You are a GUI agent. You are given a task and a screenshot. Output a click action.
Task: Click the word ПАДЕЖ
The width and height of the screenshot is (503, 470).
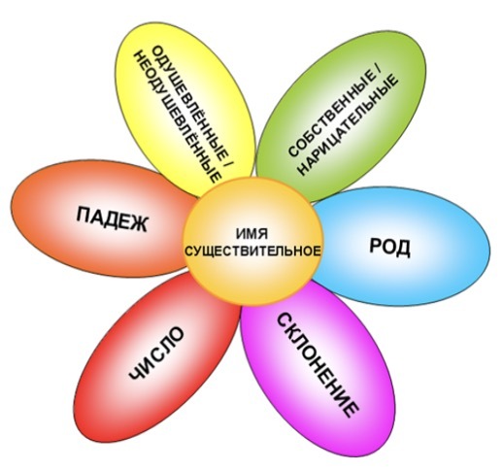pos(112,218)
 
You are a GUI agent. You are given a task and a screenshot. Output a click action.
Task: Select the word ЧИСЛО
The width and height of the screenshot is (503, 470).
pos(156,353)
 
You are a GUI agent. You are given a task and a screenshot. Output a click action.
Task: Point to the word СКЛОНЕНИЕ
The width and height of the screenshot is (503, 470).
pos(318,365)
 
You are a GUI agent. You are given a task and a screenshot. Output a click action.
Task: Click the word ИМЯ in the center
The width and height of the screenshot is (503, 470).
pos(251,233)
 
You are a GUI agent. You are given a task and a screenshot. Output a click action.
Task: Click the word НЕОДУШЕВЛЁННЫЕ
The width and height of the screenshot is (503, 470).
pos(178,117)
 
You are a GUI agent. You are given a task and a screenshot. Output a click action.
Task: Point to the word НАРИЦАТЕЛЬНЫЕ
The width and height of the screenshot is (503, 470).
pos(348,125)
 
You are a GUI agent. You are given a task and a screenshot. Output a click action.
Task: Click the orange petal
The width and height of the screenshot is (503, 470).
pos(100,219)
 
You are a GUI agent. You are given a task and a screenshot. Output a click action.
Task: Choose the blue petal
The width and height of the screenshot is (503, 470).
pos(401,247)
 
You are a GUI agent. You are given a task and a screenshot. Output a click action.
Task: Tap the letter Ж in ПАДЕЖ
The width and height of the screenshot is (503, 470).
pos(139,223)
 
